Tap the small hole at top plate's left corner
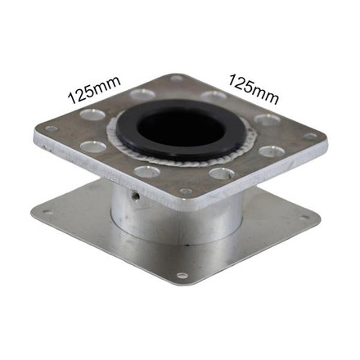coord(52,129)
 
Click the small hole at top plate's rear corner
coord(177,80)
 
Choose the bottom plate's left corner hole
coord(47,214)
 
